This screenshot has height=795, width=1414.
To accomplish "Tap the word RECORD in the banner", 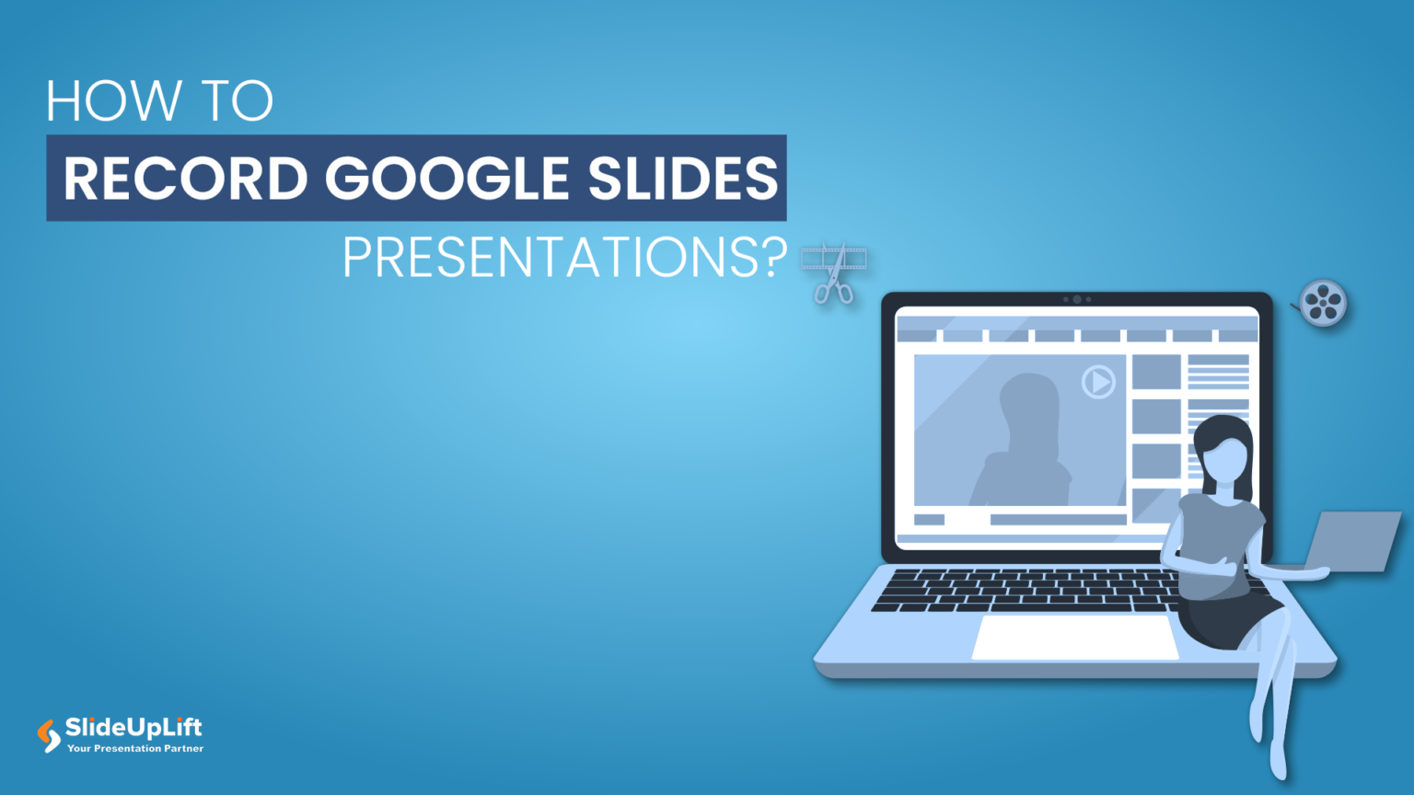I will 185,178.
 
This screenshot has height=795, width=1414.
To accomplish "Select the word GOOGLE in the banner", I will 447,178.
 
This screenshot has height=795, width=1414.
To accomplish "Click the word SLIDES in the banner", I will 683,178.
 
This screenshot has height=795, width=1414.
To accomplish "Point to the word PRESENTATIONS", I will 551,259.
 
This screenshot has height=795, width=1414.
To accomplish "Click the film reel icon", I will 1324,303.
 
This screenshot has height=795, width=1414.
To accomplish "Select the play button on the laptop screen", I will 1097,381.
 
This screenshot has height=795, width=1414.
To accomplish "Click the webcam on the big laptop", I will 1077,299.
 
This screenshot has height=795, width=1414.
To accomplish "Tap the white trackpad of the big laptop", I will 1075,637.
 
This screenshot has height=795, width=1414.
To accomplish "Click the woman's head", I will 1224,451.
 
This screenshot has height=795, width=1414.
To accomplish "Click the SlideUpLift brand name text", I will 133,728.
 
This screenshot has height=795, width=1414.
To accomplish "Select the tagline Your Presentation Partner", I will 135,749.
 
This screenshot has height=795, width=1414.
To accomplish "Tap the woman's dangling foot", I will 1278,759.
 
